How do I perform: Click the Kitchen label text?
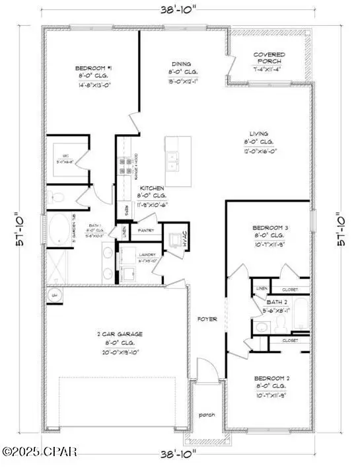point(151,188)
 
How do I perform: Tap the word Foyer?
point(208,319)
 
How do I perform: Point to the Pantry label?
point(147,230)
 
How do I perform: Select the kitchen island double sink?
point(175,157)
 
